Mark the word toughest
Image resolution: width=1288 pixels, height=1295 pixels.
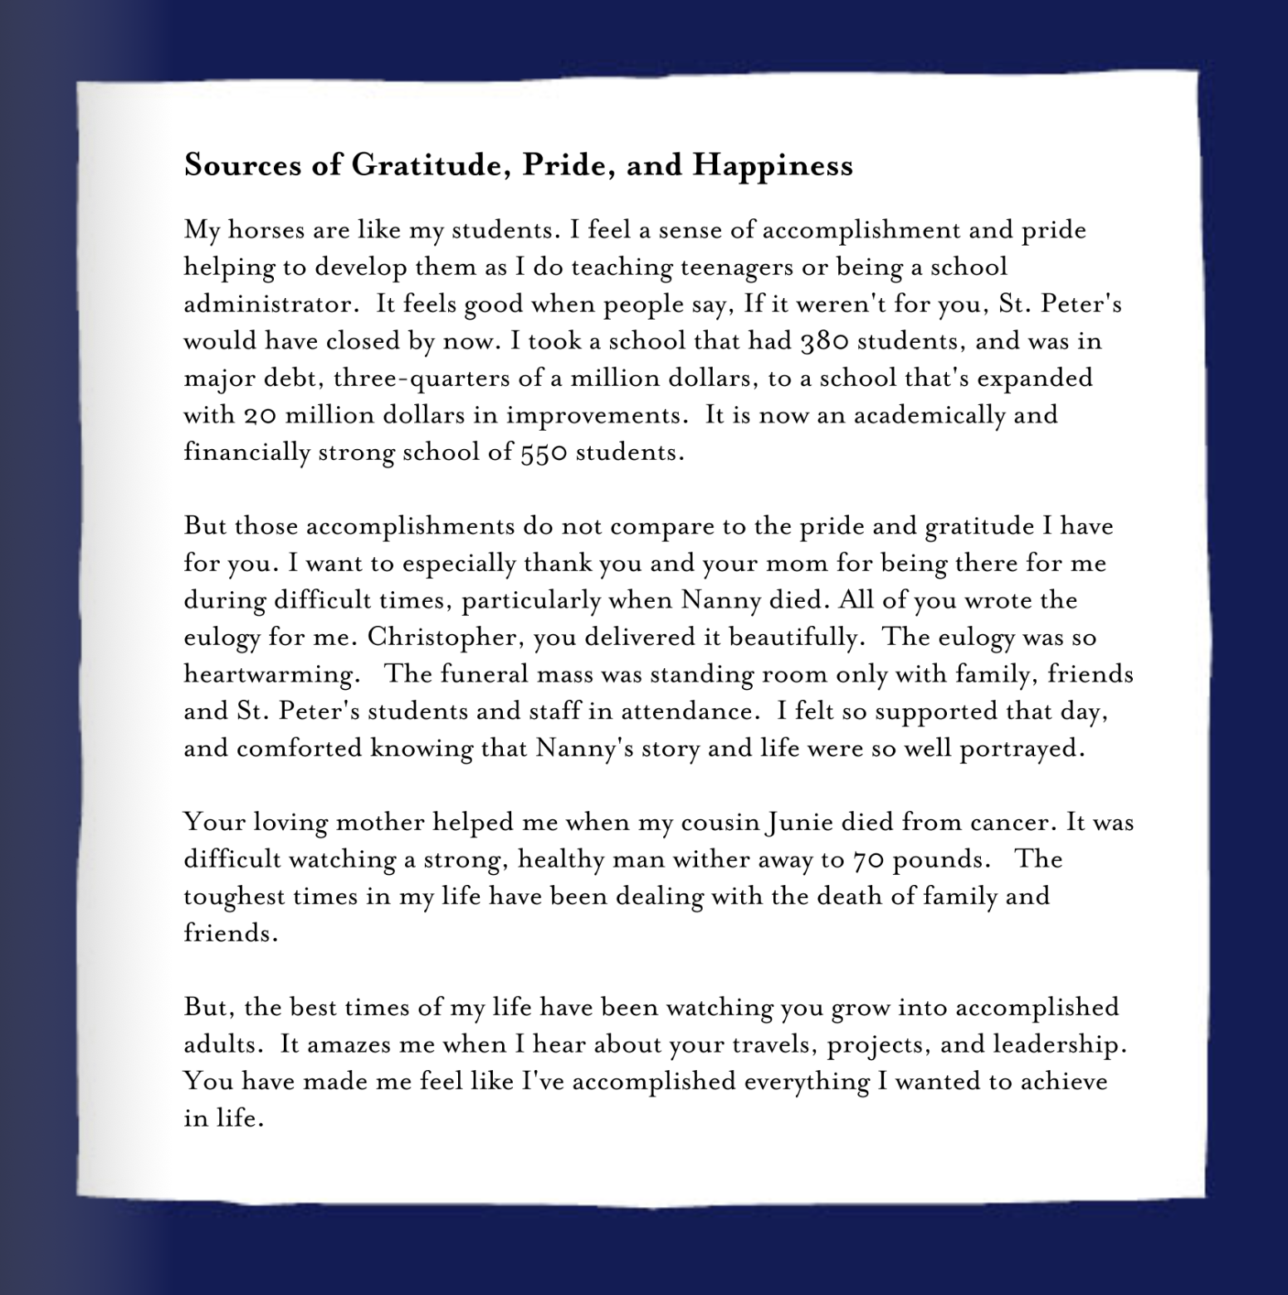(233, 897)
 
